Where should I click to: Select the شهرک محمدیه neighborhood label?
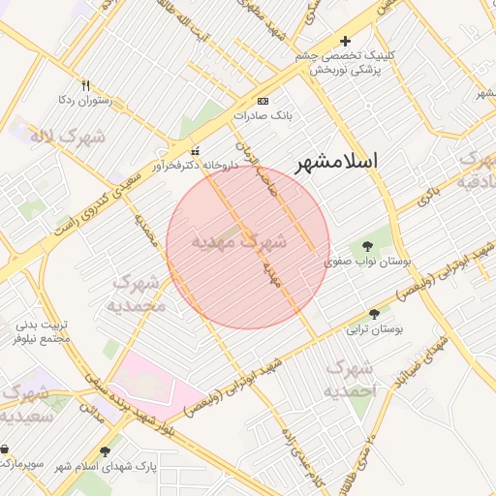pyautogui.click(x=139, y=293)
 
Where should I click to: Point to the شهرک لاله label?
pyautogui.click(x=69, y=138)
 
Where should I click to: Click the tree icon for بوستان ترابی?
pyautogui.click(x=375, y=313)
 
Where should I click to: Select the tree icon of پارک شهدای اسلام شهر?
pyautogui.click(x=105, y=451)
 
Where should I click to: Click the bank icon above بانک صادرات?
pyautogui.click(x=263, y=101)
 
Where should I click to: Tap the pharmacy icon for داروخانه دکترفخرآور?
pyautogui.click(x=196, y=151)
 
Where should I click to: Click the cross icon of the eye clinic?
pyautogui.click(x=345, y=41)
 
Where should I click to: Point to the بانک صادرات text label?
pyautogui.click(x=263, y=114)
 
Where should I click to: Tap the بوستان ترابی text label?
pyautogui.click(x=375, y=329)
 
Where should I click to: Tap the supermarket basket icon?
pyautogui.click(x=8, y=449)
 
